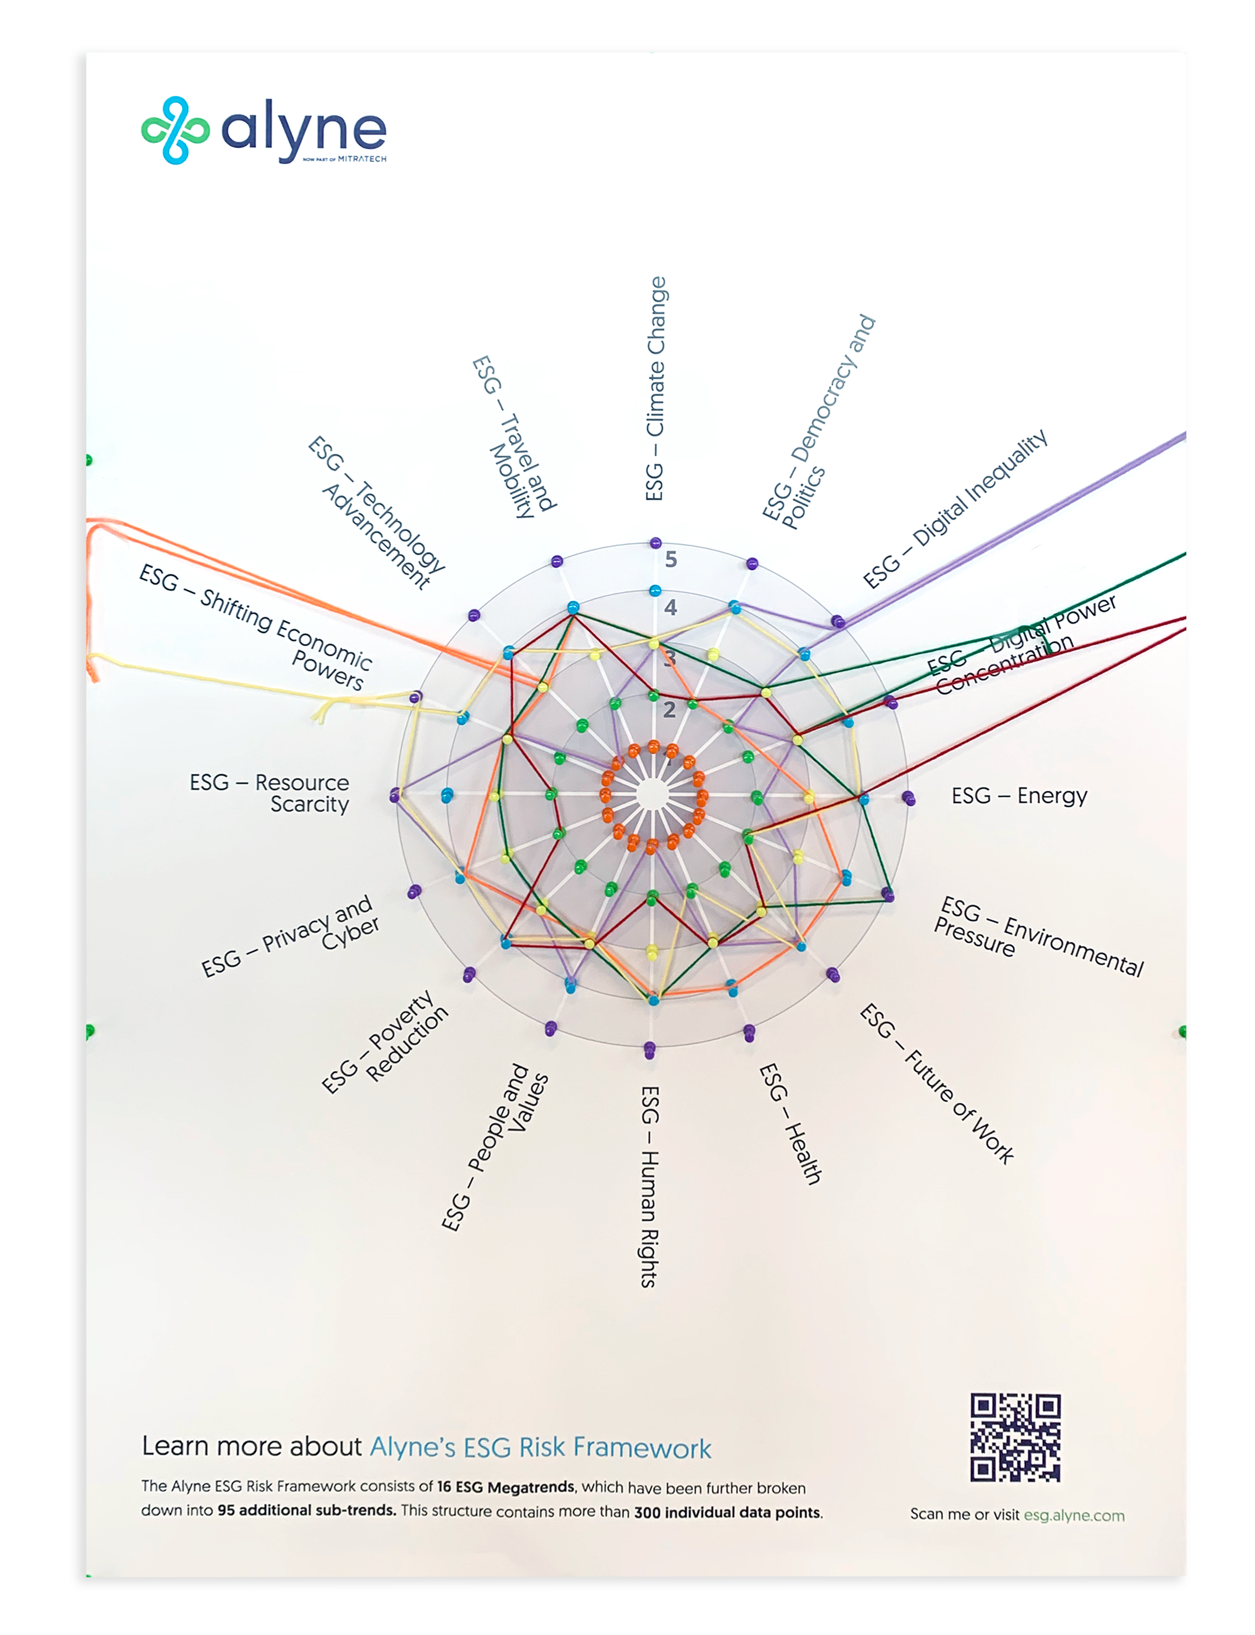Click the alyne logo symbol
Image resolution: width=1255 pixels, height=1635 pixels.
pyautogui.click(x=175, y=130)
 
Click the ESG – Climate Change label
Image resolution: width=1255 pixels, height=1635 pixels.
pyautogui.click(x=655, y=388)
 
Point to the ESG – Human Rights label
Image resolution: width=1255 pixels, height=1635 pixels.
pyautogui.click(x=650, y=1186)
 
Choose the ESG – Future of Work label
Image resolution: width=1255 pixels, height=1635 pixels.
pyautogui.click(x=937, y=1084)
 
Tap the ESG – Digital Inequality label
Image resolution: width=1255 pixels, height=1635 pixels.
pyautogui.click(x=955, y=509)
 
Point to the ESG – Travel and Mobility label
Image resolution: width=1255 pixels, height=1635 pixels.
pyautogui.click(x=515, y=437)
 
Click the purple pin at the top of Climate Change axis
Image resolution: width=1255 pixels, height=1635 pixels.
pyautogui.click(x=655, y=543)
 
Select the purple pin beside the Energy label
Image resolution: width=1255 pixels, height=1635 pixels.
pyautogui.click(x=908, y=797)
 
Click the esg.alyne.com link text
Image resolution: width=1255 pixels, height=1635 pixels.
pyautogui.click(x=1073, y=1515)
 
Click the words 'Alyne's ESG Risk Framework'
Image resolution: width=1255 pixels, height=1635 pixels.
pyautogui.click(x=540, y=1447)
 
